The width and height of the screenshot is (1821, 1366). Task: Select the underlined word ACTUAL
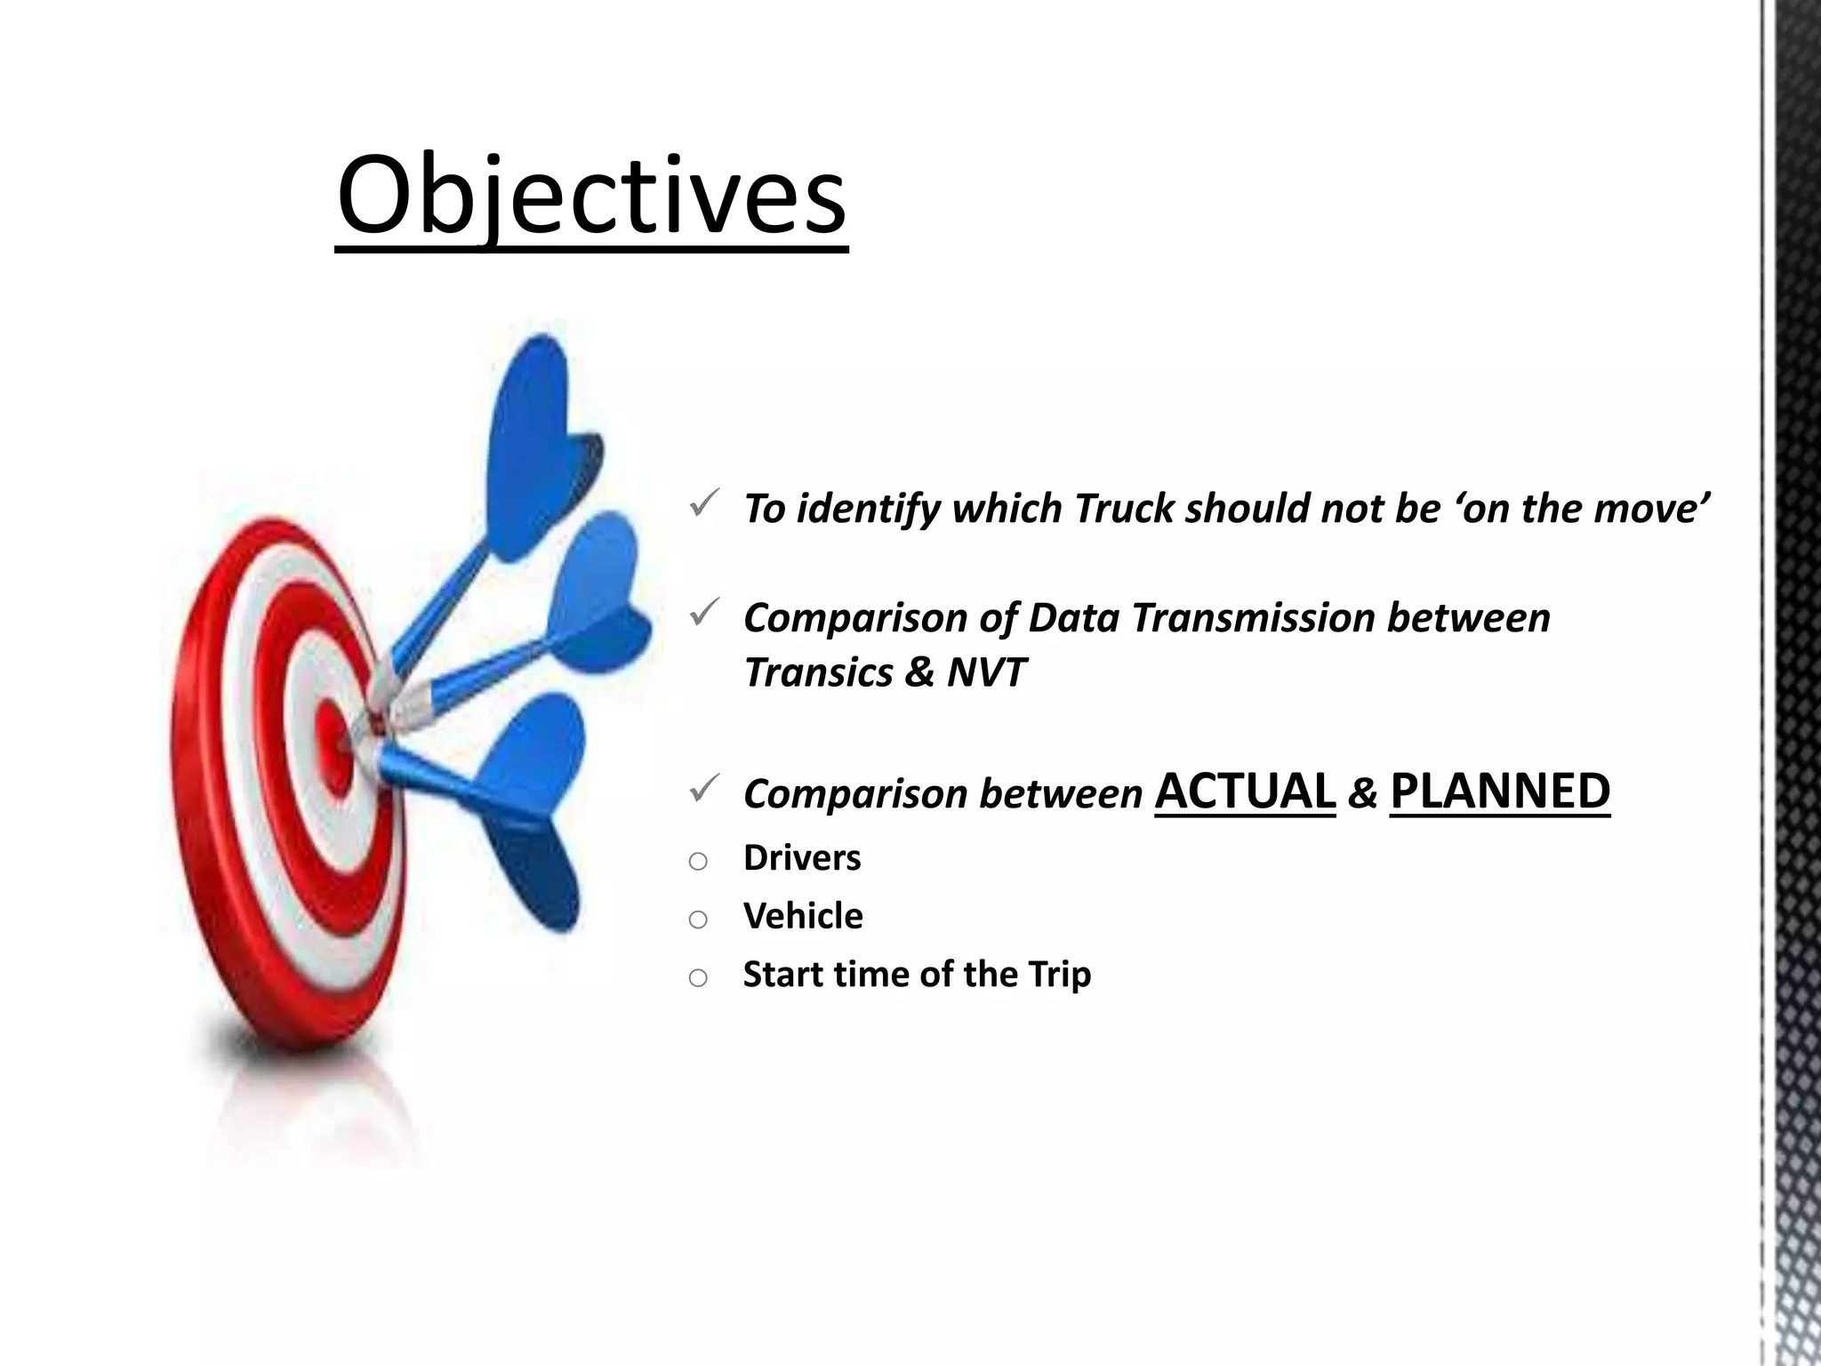pos(1245,791)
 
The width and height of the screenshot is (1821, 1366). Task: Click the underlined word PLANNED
pos(1499,791)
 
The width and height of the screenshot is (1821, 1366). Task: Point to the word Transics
pos(818,672)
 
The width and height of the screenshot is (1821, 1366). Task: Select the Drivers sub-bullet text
pos(801,858)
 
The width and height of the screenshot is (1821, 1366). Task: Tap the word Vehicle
pos(802,916)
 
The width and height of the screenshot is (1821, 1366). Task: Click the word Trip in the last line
pos(1059,975)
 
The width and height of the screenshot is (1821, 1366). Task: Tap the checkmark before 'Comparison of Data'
pos(703,612)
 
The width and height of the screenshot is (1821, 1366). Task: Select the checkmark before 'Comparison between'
pos(703,788)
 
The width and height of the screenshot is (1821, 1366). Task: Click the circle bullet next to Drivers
pos(698,861)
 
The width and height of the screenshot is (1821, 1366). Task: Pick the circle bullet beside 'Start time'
pos(698,978)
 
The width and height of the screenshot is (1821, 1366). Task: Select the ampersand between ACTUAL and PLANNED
pos(1362,793)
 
